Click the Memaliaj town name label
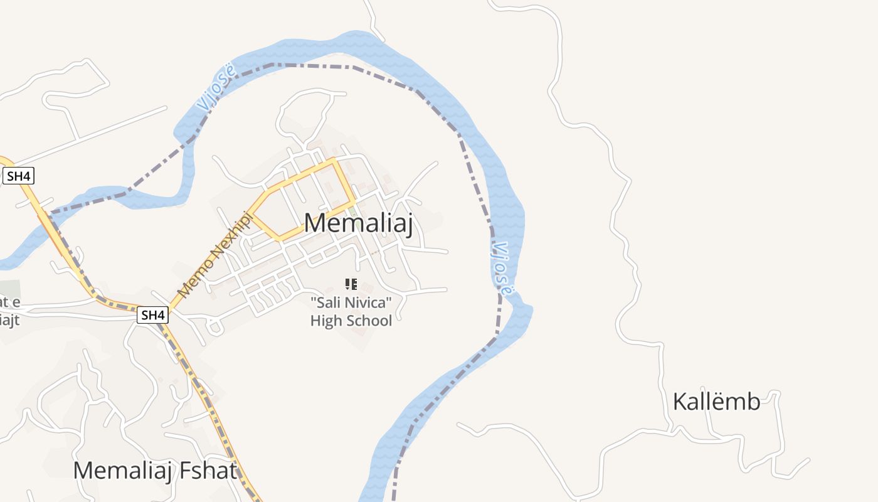coord(358,223)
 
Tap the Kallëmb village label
coord(716,402)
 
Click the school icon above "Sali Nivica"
coord(351,284)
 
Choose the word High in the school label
coord(325,321)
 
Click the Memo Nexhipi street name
coord(215,255)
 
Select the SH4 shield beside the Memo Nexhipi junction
coord(153,315)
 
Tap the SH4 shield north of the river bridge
coord(18,177)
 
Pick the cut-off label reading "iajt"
coord(9,320)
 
